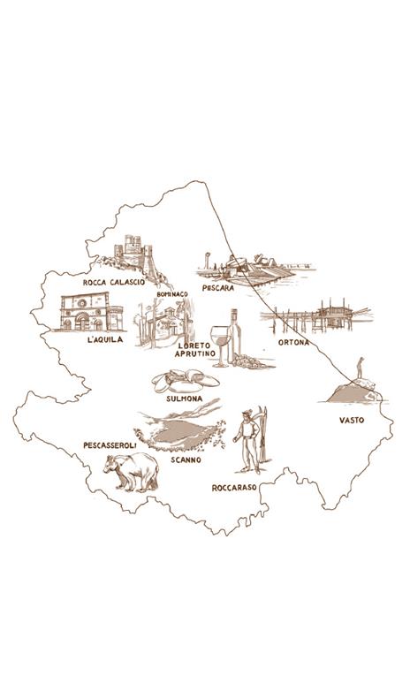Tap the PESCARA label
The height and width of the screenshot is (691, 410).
(217, 288)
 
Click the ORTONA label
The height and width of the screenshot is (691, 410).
(293, 342)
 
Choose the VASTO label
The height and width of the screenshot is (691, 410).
(352, 421)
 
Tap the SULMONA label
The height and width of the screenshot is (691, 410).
(185, 399)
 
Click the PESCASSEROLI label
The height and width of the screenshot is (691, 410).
(109, 444)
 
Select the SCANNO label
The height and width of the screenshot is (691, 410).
(186, 460)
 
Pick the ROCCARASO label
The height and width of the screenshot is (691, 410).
(234, 488)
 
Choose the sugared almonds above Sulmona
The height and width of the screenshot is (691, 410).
(186, 382)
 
